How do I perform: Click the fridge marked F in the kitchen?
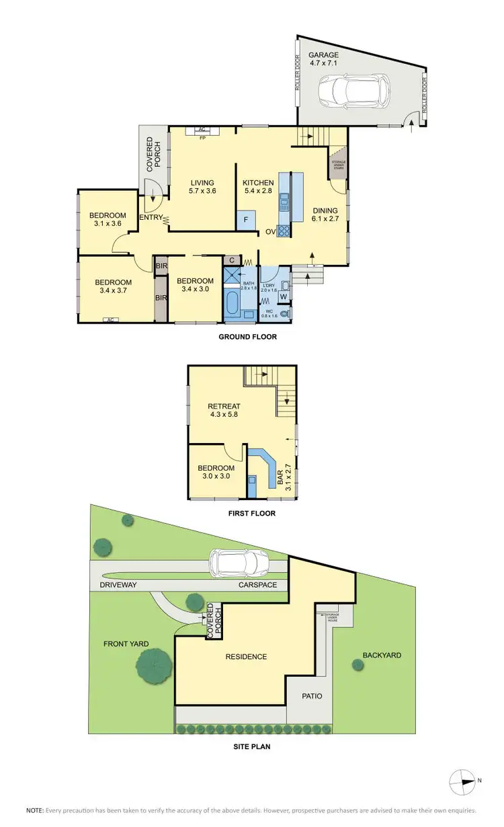click(x=246, y=220)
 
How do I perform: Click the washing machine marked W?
click(x=283, y=297)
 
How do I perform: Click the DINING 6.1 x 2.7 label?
click(x=325, y=214)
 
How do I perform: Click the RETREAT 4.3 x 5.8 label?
click(x=224, y=410)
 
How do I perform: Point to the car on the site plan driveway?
click(x=239, y=561)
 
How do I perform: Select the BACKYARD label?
click(x=382, y=654)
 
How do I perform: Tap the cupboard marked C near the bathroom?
click(x=231, y=260)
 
